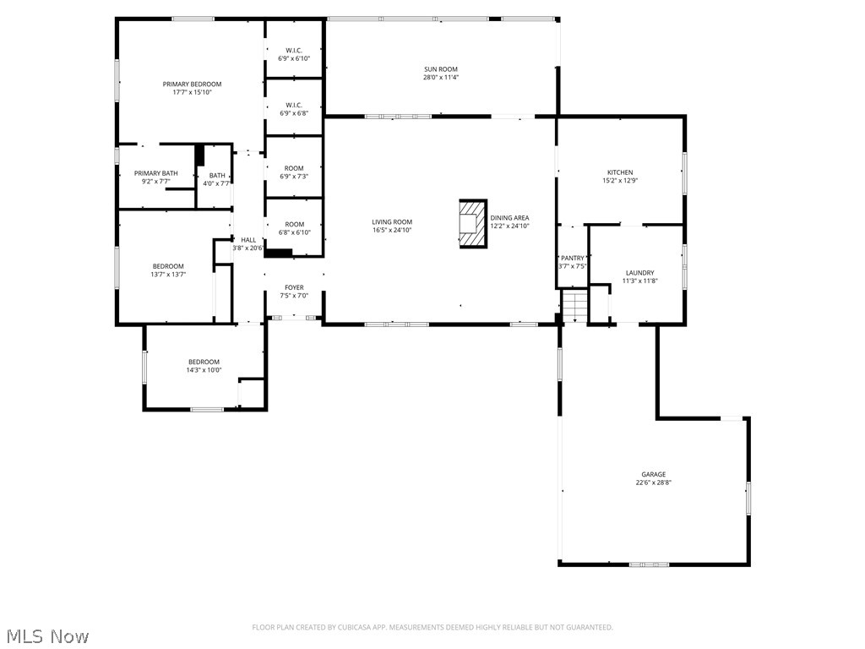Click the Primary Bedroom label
pyautogui.click(x=192, y=84)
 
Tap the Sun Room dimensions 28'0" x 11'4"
pyautogui.click(x=441, y=78)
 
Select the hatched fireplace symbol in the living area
pyautogui.click(x=473, y=224)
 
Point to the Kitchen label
pyautogui.click(x=620, y=172)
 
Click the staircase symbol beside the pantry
pyautogui.click(x=574, y=305)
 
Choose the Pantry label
pyautogui.click(x=573, y=258)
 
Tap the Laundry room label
pyautogui.click(x=639, y=273)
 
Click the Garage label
pyautogui.click(x=653, y=474)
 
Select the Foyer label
pyautogui.click(x=294, y=287)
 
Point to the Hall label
pyautogui.click(x=248, y=240)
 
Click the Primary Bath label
pyautogui.click(x=155, y=173)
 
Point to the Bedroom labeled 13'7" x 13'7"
pyautogui.click(x=168, y=266)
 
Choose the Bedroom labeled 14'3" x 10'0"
pyautogui.click(x=204, y=362)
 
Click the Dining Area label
pyautogui.click(x=509, y=218)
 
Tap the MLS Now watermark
pyautogui.click(x=46, y=635)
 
